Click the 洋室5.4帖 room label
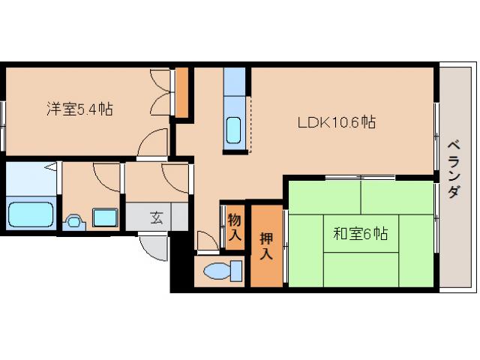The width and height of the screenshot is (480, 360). click(80, 109)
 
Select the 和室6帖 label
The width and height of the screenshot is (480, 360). click(360, 234)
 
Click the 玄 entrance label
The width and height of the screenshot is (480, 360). click(157, 218)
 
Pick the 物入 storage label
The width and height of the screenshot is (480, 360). click(235, 226)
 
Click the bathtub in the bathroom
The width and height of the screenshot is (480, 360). click(31, 214)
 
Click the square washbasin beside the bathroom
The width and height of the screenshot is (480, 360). click(104, 218)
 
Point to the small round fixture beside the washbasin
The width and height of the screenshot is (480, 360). click(73, 222)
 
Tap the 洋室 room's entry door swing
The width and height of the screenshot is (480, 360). click(153, 143)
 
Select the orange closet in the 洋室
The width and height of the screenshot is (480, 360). click(181, 92)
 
